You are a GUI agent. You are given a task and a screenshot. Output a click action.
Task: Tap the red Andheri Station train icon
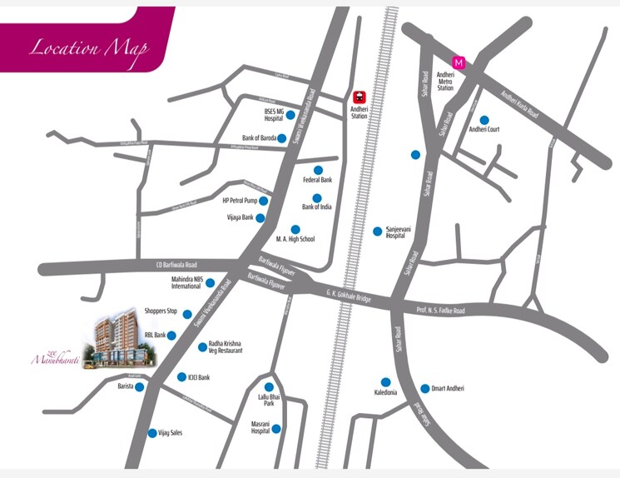(x=360, y=97)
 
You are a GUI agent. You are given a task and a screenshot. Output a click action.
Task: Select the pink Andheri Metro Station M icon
(x=456, y=62)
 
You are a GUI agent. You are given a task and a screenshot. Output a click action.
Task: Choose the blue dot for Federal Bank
(x=317, y=170)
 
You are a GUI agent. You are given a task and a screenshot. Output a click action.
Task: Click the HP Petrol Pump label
(x=238, y=201)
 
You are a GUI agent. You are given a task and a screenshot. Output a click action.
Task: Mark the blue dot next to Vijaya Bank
(x=260, y=218)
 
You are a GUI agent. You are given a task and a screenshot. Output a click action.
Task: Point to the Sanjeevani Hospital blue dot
(x=378, y=231)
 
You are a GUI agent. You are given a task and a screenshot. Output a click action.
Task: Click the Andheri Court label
(x=484, y=130)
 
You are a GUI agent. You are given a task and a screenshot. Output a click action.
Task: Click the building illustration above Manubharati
(x=120, y=341)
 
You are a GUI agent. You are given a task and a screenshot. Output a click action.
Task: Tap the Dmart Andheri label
(x=448, y=389)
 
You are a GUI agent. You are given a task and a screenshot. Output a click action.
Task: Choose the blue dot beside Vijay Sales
(x=151, y=432)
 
